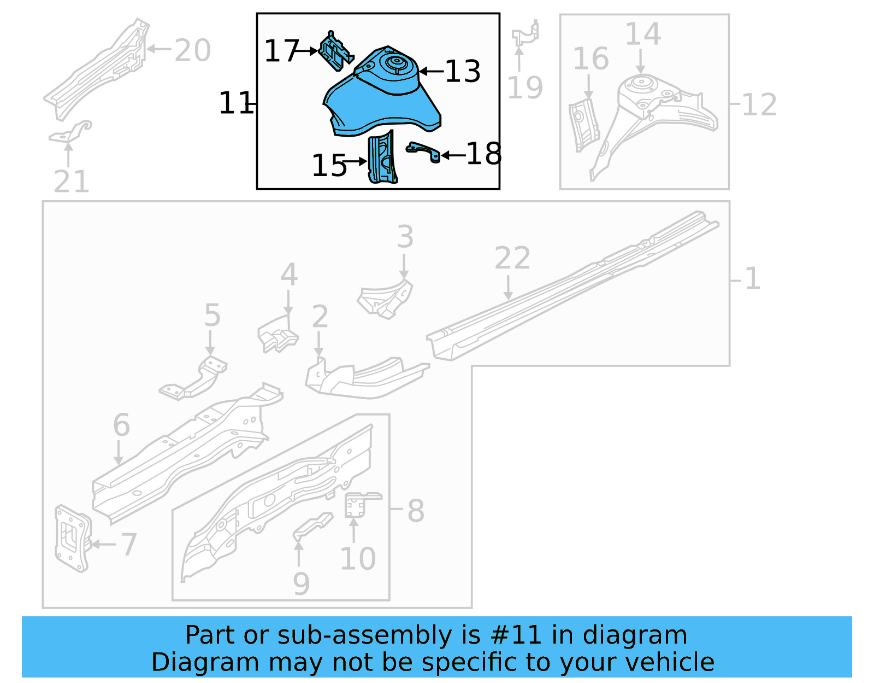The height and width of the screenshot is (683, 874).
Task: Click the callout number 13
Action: [x=463, y=72]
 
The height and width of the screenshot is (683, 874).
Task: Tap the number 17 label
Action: [x=281, y=51]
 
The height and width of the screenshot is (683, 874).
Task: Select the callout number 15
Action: [x=329, y=166]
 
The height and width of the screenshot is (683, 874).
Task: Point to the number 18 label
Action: [x=483, y=154]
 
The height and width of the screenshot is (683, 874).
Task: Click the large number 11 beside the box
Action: [x=235, y=103]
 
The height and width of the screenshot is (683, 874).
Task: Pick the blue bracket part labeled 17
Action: [x=335, y=51]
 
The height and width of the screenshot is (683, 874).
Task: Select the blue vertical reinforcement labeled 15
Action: [x=382, y=159]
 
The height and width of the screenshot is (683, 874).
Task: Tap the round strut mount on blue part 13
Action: [x=394, y=64]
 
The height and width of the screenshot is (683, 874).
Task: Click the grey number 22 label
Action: [x=512, y=258]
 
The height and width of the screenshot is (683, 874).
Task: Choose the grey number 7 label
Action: [x=129, y=545]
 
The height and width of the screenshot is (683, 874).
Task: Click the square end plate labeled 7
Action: [x=72, y=538]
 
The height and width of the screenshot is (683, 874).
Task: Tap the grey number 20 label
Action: [x=192, y=51]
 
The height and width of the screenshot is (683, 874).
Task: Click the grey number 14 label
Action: [x=642, y=34]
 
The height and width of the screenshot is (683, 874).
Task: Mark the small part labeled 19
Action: [x=525, y=34]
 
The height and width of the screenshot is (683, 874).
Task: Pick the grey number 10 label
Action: [x=358, y=559]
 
